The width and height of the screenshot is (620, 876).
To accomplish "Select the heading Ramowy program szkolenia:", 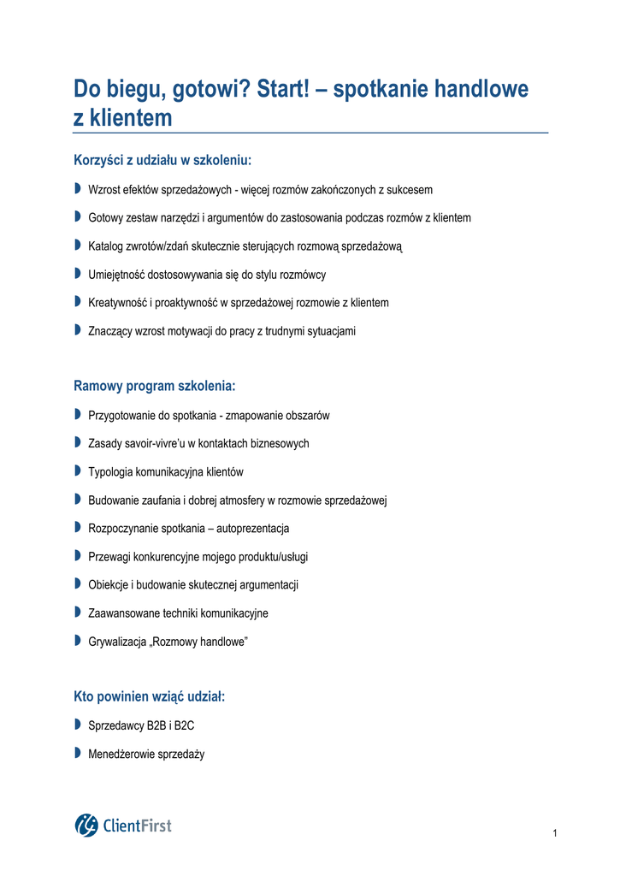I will pyautogui.click(x=154, y=386).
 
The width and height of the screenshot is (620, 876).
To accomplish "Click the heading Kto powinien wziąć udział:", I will pyautogui.click(x=149, y=697).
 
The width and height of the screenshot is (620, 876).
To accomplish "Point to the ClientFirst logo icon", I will pyautogui.click(x=86, y=825).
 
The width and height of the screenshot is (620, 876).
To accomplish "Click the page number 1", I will pyautogui.click(x=555, y=834).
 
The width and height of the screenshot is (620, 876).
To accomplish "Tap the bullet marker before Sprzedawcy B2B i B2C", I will pyautogui.click(x=77, y=725).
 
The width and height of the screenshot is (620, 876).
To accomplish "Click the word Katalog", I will pyautogui.click(x=106, y=246).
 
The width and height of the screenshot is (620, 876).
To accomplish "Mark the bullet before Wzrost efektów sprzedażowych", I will pyautogui.click(x=77, y=189).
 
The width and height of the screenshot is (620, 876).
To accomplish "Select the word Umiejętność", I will pyautogui.click(x=117, y=275).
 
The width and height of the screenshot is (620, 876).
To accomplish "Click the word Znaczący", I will pyautogui.click(x=111, y=331).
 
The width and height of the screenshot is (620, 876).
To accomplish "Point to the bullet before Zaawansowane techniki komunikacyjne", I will pyautogui.click(x=77, y=612).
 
